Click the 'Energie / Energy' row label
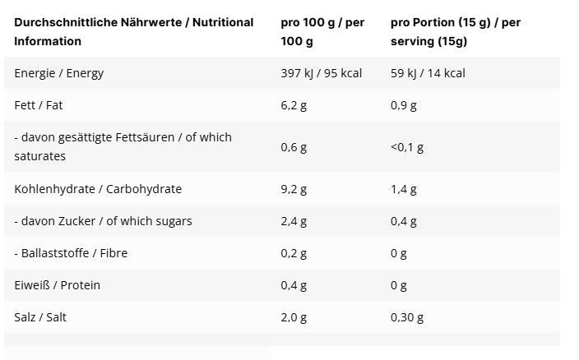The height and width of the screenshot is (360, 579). pyautogui.click(x=59, y=73)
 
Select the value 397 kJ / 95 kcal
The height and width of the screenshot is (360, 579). pyautogui.click(x=322, y=73)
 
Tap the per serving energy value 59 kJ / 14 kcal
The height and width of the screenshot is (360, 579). pyautogui.click(x=428, y=73)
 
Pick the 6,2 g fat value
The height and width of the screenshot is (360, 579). pyautogui.click(x=294, y=105)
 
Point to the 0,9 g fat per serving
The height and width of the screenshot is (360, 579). pyautogui.click(x=404, y=105)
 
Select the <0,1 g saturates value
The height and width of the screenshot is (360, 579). pyautogui.click(x=407, y=147)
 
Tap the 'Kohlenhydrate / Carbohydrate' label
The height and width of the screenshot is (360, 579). pyautogui.click(x=98, y=189)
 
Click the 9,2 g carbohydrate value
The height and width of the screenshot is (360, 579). pyautogui.click(x=294, y=189)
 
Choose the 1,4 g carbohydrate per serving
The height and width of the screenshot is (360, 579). pyautogui.click(x=404, y=189)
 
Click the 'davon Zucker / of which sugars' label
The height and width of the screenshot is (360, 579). pyautogui.click(x=103, y=221)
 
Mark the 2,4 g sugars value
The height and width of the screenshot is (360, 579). pyautogui.click(x=294, y=221)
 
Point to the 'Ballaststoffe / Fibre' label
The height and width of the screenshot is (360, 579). pyautogui.click(x=71, y=253)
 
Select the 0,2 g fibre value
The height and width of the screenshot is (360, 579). pyautogui.click(x=294, y=253)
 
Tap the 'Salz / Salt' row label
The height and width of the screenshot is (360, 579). pyautogui.click(x=40, y=317)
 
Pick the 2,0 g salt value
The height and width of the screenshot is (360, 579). pyautogui.click(x=294, y=317)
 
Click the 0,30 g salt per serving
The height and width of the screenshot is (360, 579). pyautogui.click(x=407, y=317)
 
